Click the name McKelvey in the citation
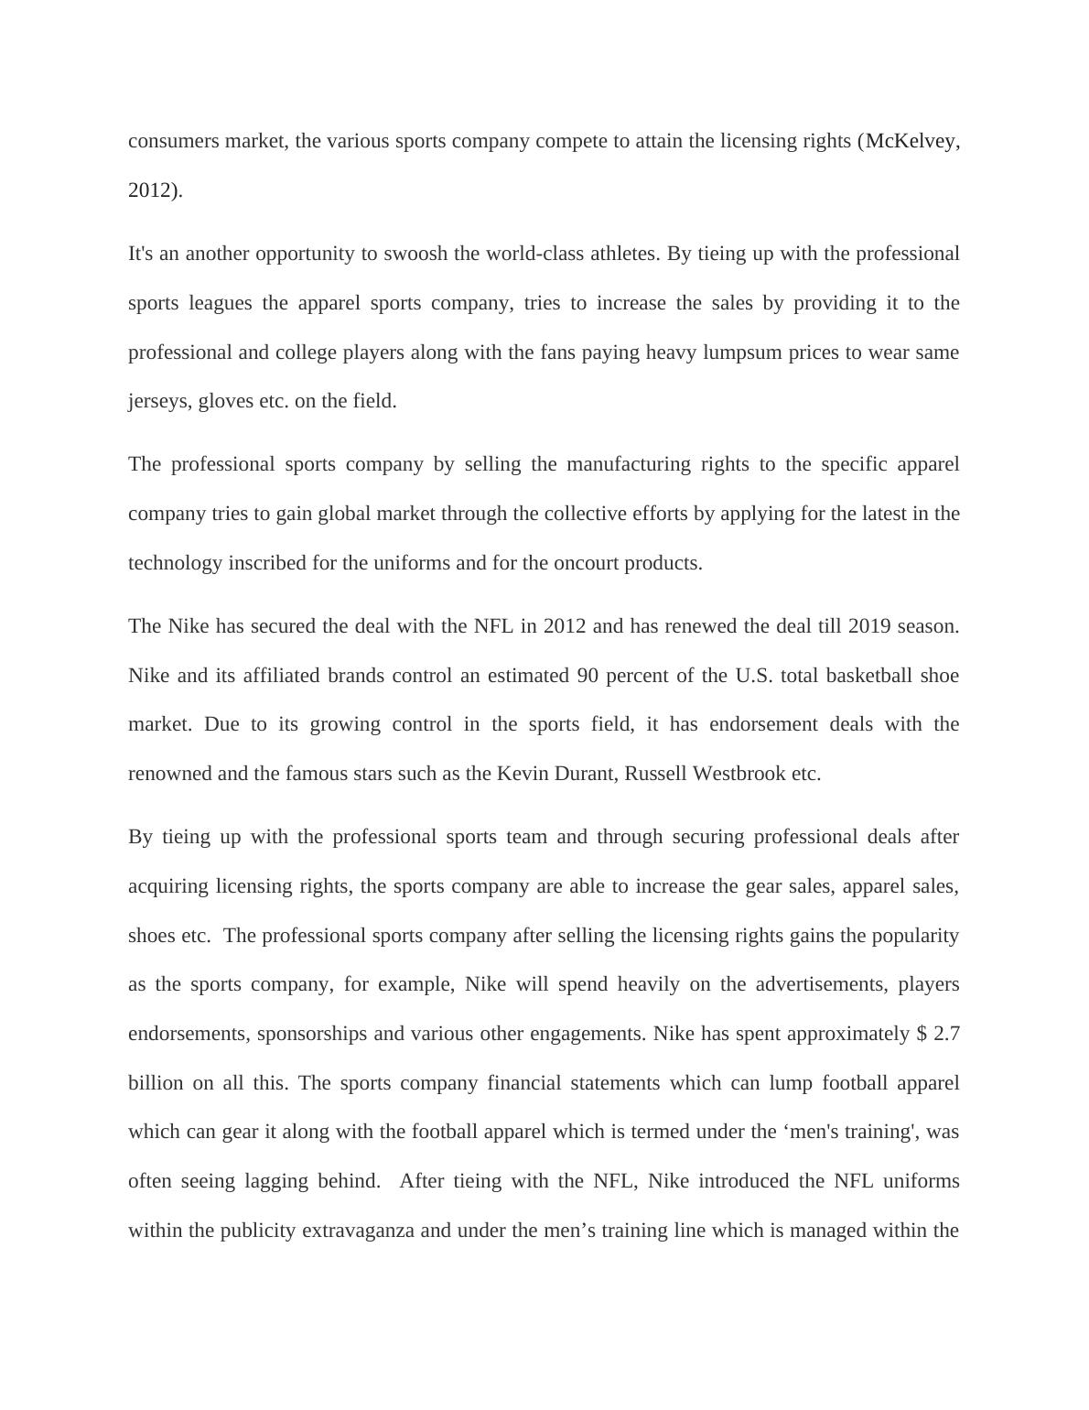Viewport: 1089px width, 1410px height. coord(910,141)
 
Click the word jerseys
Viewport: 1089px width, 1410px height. coord(158,401)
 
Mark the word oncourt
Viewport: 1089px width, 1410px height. coord(584,563)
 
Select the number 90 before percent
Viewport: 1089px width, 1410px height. coord(589,676)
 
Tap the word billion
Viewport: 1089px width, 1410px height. coord(156,1083)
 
